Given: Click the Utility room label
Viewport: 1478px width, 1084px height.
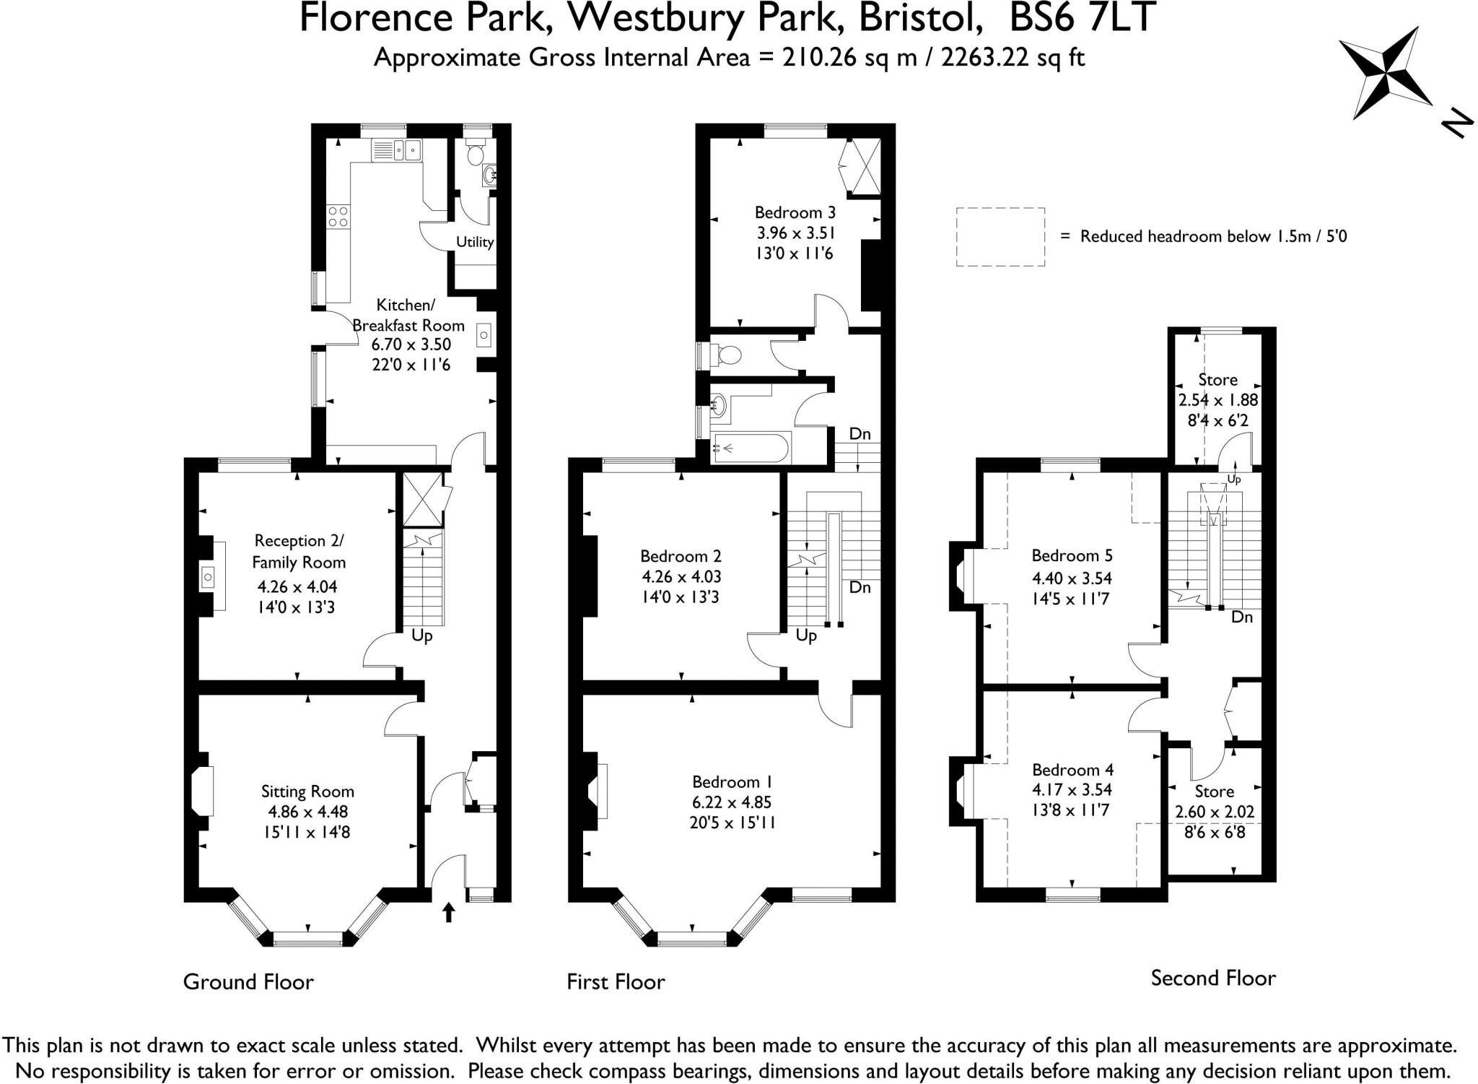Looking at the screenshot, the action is click(x=474, y=242).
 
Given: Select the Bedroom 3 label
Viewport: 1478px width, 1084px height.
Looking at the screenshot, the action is click(x=795, y=212).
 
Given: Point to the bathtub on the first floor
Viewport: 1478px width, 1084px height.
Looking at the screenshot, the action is click(x=751, y=448).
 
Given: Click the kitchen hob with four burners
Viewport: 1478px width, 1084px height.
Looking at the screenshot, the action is click(x=338, y=216).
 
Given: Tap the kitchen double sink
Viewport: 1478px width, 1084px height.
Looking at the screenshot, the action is click(x=396, y=150).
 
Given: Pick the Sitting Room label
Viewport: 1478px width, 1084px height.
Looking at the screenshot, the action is click(x=307, y=792).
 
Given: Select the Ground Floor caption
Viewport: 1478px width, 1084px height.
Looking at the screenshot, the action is click(x=248, y=982).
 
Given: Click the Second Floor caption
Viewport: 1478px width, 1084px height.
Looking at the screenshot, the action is click(x=1213, y=979).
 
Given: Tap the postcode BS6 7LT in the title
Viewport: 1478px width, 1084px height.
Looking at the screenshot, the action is click(x=1082, y=19).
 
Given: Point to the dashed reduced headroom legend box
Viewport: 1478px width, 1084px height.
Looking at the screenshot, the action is click(x=1000, y=237).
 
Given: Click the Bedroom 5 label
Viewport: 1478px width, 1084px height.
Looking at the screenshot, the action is click(x=1072, y=555).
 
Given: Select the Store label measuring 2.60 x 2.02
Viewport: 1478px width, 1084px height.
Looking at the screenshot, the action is click(x=1214, y=792).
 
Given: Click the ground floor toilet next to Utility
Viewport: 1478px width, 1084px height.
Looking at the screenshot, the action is click(x=475, y=154).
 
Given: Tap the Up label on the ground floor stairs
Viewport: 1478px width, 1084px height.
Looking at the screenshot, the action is click(x=422, y=636).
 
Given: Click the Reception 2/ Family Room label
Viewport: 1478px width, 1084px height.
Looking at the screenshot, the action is click(x=298, y=551).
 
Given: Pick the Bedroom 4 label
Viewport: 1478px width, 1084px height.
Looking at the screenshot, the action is click(x=1072, y=769).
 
